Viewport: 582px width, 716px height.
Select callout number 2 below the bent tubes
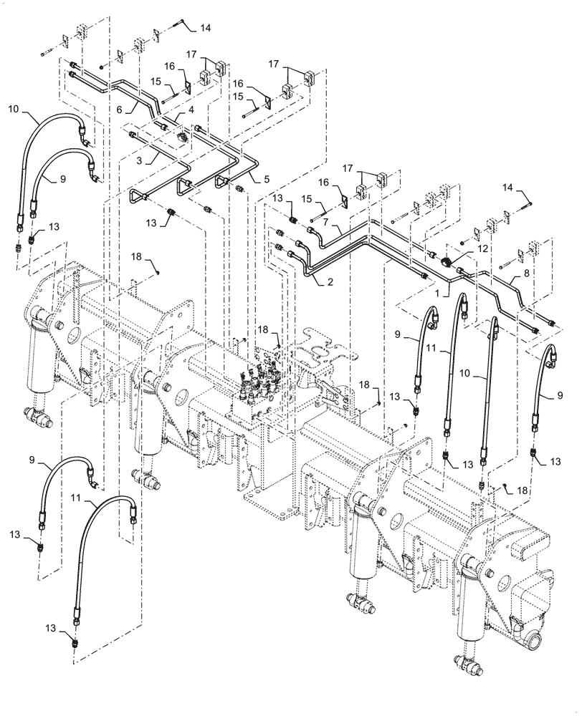tap(330, 282)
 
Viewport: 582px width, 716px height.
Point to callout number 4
tap(191, 110)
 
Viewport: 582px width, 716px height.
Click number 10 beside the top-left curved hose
tap(14, 110)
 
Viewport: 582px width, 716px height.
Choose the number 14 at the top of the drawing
tap(206, 27)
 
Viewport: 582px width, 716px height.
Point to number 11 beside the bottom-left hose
tap(75, 495)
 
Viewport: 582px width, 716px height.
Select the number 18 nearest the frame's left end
tap(135, 255)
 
